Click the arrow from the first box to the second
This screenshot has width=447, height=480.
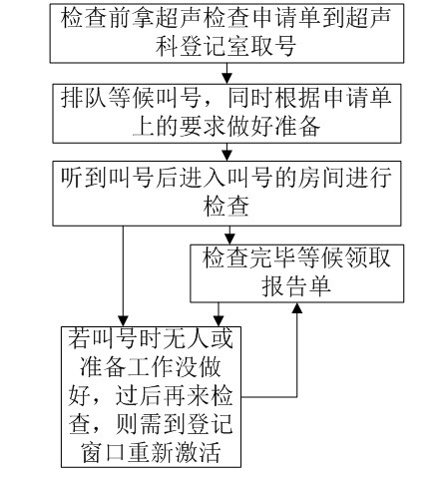click(x=227, y=73)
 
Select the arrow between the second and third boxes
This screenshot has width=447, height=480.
click(x=227, y=152)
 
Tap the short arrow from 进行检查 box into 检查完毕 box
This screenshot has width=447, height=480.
click(x=229, y=236)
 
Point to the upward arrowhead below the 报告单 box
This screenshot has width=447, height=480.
click(x=296, y=308)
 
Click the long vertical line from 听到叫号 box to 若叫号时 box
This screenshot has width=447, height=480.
click(x=124, y=276)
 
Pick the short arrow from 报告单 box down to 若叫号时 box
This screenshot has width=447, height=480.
click(x=219, y=314)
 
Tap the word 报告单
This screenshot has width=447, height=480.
click(x=296, y=285)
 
